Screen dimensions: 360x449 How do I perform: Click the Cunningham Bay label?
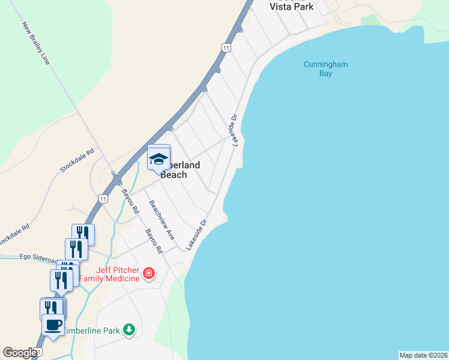[x=326, y=69]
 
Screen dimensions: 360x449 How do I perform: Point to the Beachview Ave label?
[x=161, y=220]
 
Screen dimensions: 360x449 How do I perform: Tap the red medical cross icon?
[x=149, y=274]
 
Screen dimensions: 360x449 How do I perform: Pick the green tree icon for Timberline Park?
[x=128, y=329]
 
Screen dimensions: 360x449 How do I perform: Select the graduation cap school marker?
[x=159, y=158]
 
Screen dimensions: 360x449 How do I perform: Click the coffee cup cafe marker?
[x=52, y=325]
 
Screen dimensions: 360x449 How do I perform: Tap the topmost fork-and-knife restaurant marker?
[x=83, y=233]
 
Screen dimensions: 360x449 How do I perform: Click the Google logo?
[x=20, y=353]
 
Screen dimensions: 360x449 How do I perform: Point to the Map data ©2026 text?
[x=423, y=355]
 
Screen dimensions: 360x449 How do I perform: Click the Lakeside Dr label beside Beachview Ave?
[x=196, y=235]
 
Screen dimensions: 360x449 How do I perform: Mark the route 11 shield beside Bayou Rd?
[x=104, y=199]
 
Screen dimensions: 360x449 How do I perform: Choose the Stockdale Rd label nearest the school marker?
[x=77, y=161]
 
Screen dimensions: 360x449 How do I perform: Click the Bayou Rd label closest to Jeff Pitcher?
[x=154, y=241]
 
